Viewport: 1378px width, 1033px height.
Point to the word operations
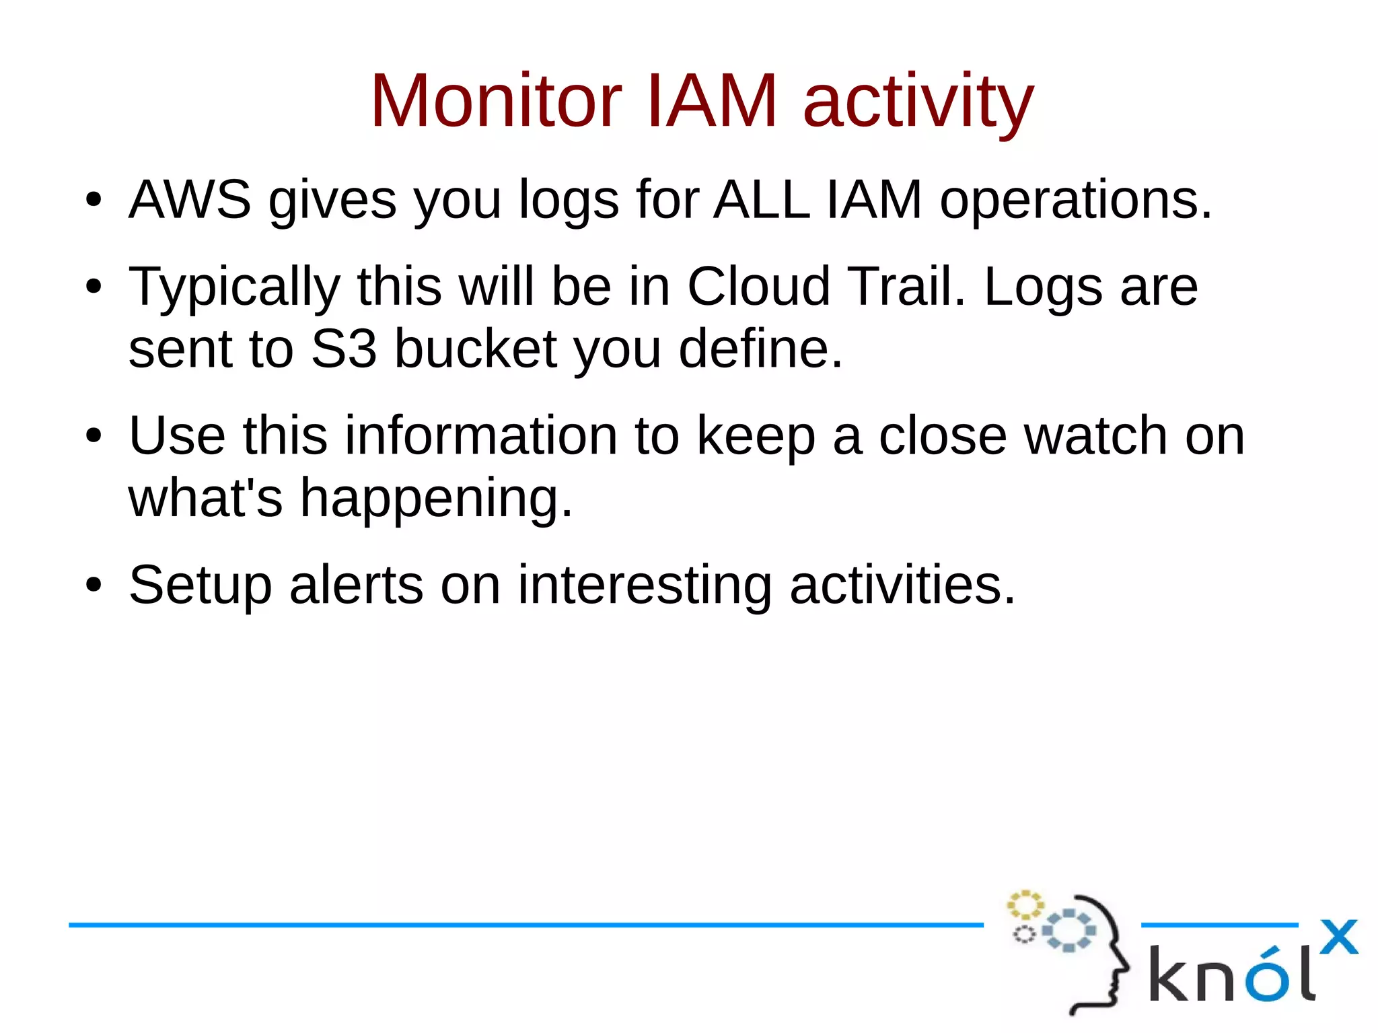tap(1075, 201)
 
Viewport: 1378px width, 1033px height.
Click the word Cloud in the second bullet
tap(758, 286)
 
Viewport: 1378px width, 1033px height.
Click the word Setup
tap(200, 586)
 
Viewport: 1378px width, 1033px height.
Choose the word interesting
tap(644, 586)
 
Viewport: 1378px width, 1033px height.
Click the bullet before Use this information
tap(94, 436)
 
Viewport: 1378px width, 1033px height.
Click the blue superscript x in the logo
tap(1338, 937)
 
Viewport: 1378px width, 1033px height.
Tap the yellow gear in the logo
tap(1024, 905)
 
